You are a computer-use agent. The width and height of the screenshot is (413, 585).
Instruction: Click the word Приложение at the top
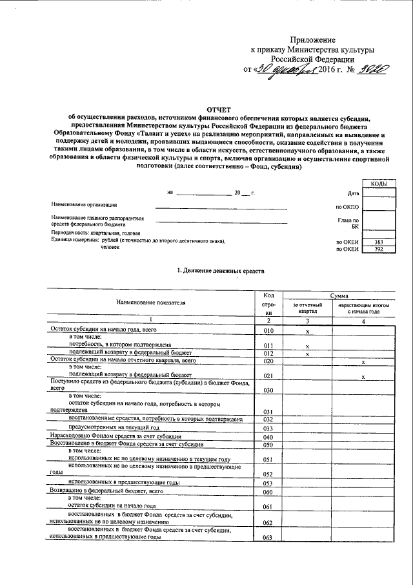click(x=313, y=40)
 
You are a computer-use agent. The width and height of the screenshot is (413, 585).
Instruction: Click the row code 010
click(x=269, y=330)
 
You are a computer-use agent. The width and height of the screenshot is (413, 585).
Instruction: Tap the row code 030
click(x=269, y=390)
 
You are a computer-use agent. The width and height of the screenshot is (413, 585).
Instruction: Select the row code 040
click(x=269, y=438)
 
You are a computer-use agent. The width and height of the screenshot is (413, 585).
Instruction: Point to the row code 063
click(x=269, y=537)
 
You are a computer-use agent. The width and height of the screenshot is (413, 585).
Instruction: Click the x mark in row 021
click(x=365, y=376)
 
